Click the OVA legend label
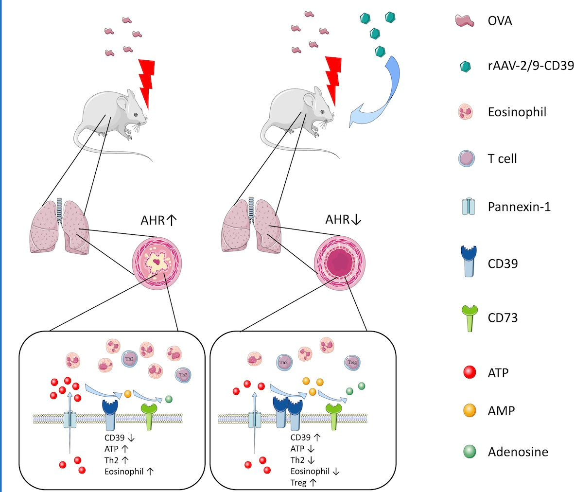[x=500, y=21]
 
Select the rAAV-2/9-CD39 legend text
[x=531, y=66]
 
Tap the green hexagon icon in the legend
[x=465, y=67]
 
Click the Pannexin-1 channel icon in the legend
[x=467, y=207]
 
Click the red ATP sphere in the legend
[x=470, y=373]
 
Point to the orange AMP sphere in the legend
[x=470, y=411]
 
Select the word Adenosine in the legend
[x=518, y=452]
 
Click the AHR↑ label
[x=158, y=220]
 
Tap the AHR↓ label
[x=343, y=220]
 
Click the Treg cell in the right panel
[x=352, y=362]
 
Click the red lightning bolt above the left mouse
[x=147, y=83]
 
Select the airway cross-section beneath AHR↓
[x=340, y=264]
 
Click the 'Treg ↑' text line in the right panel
[x=303, y=483]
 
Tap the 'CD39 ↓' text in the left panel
[x=120, y=438]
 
